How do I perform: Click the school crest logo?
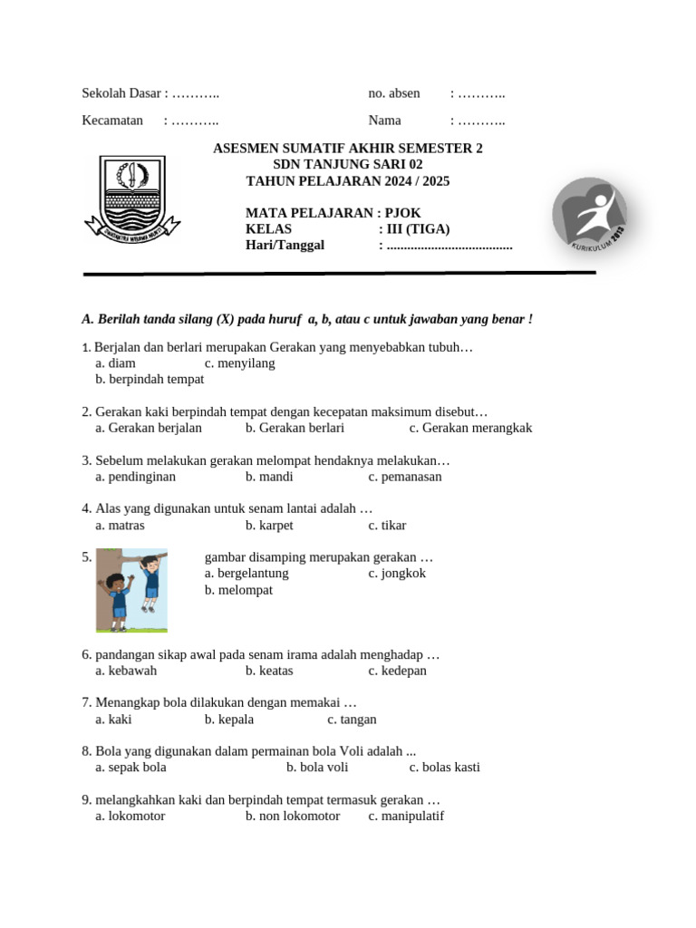(x=132, y=198)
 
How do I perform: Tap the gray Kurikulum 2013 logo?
(x=590, y=216)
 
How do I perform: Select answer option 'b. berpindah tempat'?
(x=150, y=380)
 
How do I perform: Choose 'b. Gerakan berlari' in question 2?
(x=295, y=429)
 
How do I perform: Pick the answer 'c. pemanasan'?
(x=405, y=477)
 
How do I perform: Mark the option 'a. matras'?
(x=120, y=526)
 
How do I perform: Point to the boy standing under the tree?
(x=116, y=599)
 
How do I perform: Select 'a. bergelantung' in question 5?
(x=246, y=574)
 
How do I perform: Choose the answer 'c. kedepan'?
(x=397, y=672)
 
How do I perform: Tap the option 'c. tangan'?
(x=352, y=720)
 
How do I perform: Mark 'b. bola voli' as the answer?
(x=317, y=768)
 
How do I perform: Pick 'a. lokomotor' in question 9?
(x=130, y=817)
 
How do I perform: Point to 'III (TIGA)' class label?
(x=418, y=229)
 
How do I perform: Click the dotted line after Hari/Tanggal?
(x=449, y=246)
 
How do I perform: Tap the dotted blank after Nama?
(x=481, y=121)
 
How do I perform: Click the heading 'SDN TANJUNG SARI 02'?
(x=348, y=165)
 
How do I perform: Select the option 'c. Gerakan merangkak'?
(x=470, y=429)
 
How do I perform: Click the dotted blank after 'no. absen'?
(x=481, y=94)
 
